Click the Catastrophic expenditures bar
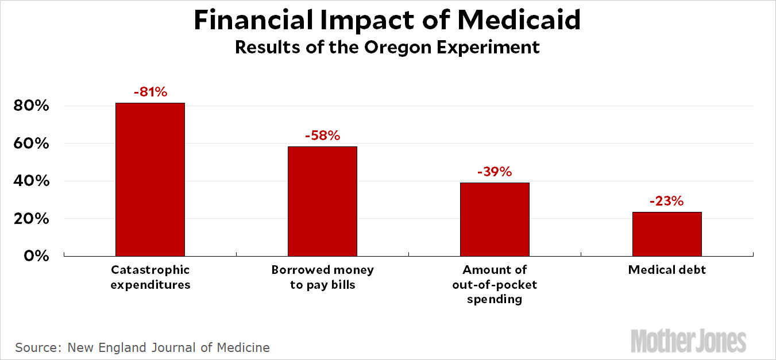[150, 179]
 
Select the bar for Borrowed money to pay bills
[322, 201]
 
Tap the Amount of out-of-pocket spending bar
[495, 219]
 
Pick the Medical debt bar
[667, 234]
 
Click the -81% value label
[150, 92]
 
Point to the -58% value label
[322, 136]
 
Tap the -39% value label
[495, 172]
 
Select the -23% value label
[667, 201]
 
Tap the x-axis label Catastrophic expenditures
[150, 277]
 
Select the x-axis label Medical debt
[667, 270]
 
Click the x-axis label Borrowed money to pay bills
[322, 277]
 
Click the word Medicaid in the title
[519, 21]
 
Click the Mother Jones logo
[689, 340]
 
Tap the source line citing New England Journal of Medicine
[142, 347]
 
